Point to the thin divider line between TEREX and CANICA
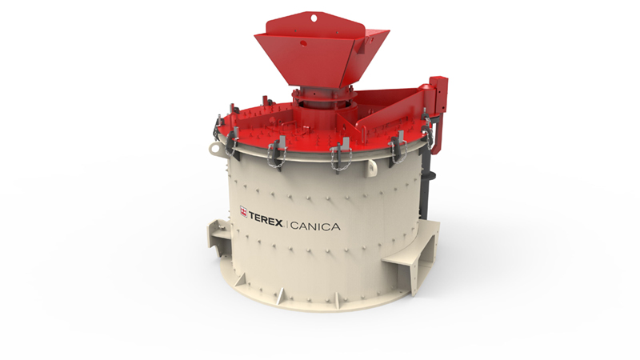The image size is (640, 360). [289, 226]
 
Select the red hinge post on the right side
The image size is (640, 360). [438, 96]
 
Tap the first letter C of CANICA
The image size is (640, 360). [296, 226]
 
